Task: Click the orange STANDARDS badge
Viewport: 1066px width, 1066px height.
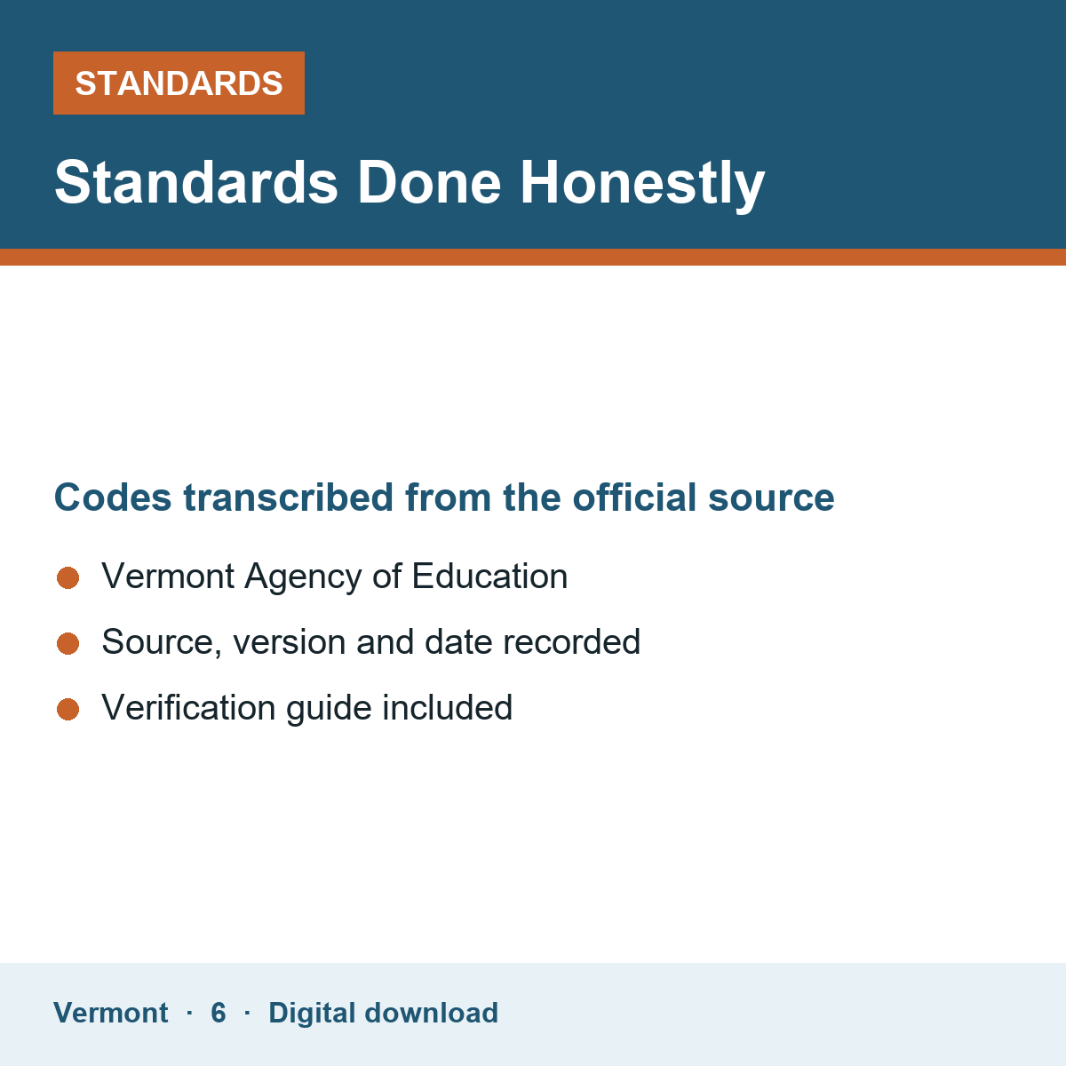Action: tap(179, 83)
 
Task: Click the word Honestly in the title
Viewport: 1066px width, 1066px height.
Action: tap(642, 183)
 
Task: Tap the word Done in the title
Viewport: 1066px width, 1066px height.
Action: tap(429, 183)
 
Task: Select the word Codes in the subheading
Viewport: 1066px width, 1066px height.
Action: tap(113, 497)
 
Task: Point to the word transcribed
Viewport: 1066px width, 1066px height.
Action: tap(288, 497)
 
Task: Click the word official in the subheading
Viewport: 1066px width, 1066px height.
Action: tap(634, 497)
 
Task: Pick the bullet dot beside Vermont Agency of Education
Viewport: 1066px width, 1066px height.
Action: tap(68, 577)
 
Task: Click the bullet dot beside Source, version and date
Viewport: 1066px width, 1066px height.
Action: tap(68, 643)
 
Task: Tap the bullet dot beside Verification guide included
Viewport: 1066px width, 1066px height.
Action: tap(68, 709)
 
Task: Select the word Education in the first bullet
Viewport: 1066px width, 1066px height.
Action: tap(489, 577)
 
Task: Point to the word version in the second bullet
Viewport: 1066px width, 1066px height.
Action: tap(290, 642)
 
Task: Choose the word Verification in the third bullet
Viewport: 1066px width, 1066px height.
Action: tap(188, 707)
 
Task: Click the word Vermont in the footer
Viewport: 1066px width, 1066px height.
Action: tap(111, 1013)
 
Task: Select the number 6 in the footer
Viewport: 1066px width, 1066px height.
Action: tap(219, 1013)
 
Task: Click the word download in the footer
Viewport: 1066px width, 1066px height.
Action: tap(432, 1013)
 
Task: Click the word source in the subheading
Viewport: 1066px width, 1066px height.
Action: tap(771, 498)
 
